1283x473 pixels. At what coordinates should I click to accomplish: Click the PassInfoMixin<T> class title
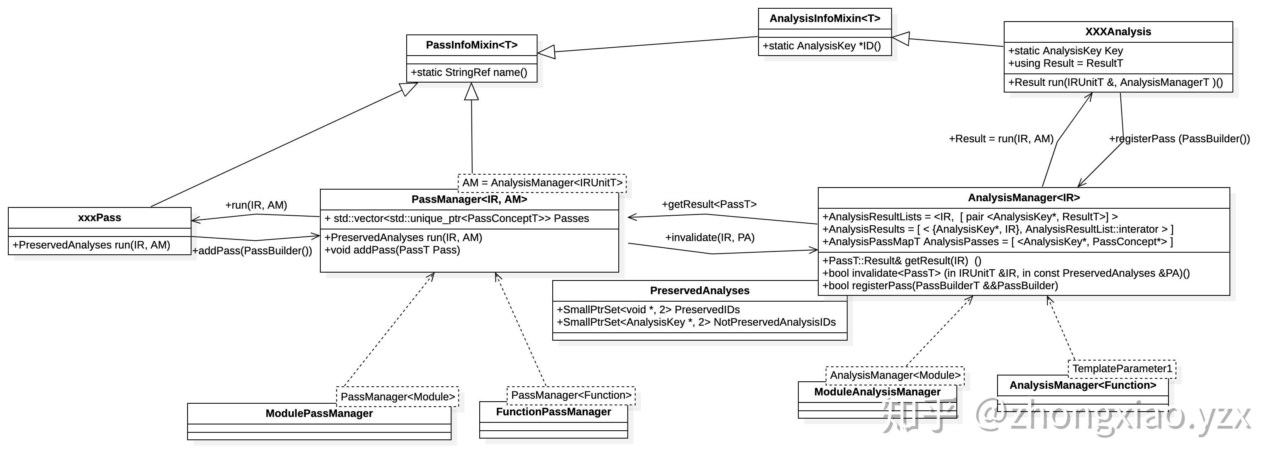(472, 45)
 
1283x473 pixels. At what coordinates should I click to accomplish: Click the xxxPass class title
(100, 217)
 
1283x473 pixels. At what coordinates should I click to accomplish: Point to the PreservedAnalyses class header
(699, 291)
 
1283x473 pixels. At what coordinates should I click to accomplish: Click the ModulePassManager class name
(319, 414)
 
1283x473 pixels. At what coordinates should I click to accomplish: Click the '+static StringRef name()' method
(468, 73)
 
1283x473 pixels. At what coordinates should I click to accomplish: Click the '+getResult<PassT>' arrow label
(709, 205)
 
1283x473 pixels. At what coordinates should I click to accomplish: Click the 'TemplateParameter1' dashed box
(1122, 369)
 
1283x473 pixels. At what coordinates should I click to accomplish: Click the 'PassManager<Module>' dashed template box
(398, 397)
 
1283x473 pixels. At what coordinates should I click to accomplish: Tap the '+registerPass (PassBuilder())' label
(1179, 139)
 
